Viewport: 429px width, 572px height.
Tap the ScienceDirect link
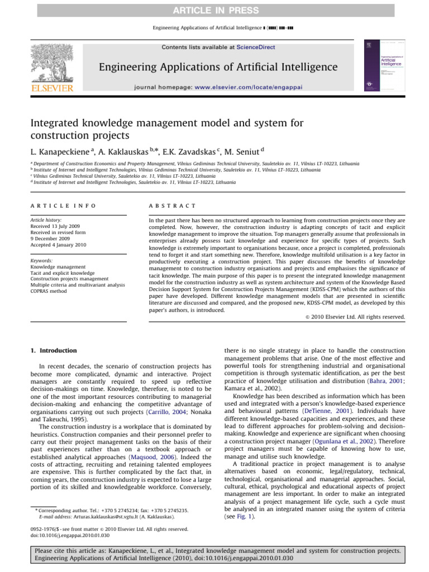(x=256, y=47)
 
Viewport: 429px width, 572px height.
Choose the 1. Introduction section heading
(x=52, y=351)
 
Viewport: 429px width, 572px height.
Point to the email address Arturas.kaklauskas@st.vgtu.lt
(x=102, y=517)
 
